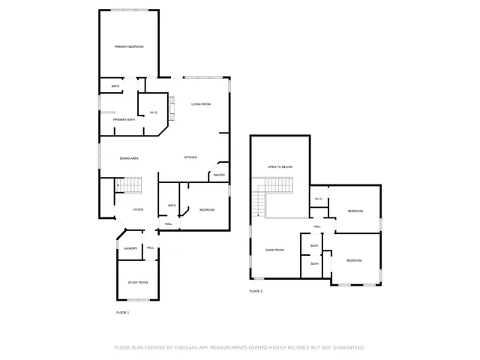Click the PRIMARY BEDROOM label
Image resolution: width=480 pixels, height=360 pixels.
pyautogui.click(x=129, y=47)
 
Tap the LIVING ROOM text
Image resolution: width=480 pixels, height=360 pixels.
pyautogui.click(x=200, y=104)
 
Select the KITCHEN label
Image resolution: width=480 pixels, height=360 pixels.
pyautogui.click(x=190, y=157)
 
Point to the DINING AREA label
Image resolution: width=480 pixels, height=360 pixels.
pyautogui.click(x=129, y=158)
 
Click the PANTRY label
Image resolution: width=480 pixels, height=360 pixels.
pyautogui.click(x=219, y=175)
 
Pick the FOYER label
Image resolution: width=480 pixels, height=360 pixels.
pyautogui.click(x=138, y=209)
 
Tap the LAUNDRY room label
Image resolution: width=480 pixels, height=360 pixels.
pyautogui.click(x=130, y=248)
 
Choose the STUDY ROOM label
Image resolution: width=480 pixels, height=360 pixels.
pyautogui.click(x=138, y=283)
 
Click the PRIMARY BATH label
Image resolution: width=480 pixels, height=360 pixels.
pyautogui.click(x=124, y=120)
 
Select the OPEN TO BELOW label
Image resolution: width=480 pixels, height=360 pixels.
pyautogui.click(x=280, y=166)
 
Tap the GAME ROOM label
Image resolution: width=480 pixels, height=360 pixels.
pyautogui.click(x=274, y=250)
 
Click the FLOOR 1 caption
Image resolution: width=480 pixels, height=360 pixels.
pyautogui.click(x=122, y=312)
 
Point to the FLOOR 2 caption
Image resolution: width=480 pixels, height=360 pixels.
pyautogui.click(x=256, y=291)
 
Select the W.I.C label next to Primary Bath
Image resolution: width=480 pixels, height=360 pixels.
pyautogui.click(x=153, y=112)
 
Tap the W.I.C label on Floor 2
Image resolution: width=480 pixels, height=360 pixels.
pyautogui.click(x=318, y=199)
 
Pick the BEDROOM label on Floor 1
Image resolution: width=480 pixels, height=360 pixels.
pyautogui.click(x=207, y=210)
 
